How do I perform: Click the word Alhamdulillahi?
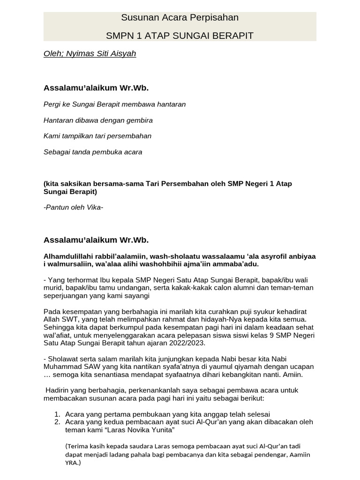pos(68,256)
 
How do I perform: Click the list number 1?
pos(57,414)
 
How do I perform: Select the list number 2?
pos(57,421)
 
